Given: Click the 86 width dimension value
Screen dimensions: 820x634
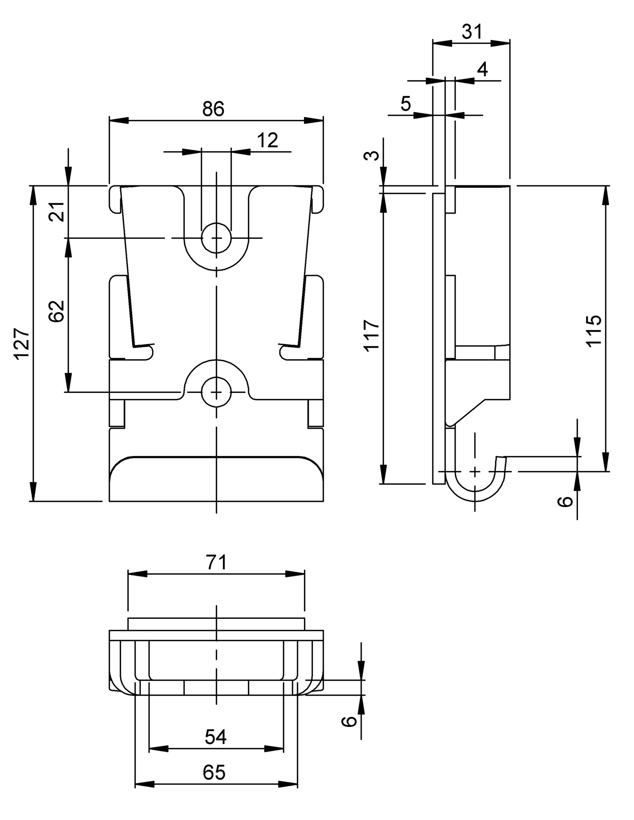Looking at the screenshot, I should [213, 109].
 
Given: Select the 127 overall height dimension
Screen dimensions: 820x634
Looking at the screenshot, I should [22, 344].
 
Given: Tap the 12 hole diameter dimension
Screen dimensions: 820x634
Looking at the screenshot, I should [268, 141].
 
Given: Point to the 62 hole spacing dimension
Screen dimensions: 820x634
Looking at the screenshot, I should [57, 311].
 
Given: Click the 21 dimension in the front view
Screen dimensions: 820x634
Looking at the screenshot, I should [57, 211].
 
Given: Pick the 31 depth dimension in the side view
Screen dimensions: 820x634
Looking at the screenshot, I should [472, 32].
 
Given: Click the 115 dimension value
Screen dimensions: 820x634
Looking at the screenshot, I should [594, 330].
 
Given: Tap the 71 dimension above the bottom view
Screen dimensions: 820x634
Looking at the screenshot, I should [216, 562].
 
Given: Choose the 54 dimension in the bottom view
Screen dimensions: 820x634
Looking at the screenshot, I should [215, 737].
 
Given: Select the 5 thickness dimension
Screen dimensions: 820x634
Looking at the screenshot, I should [405, 104].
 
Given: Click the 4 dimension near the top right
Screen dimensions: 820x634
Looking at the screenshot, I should [483, 69].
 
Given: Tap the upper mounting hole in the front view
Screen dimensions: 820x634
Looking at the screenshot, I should [216, 238].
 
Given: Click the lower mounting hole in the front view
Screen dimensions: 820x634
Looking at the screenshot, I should [216, 392].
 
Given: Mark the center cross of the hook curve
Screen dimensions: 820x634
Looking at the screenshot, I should [475, 471].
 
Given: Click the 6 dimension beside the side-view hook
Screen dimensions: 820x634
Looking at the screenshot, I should [565, 500].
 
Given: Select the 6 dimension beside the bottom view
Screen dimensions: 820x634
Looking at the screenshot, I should [349, 721].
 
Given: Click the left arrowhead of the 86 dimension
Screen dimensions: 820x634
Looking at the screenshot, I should [119, 121].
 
